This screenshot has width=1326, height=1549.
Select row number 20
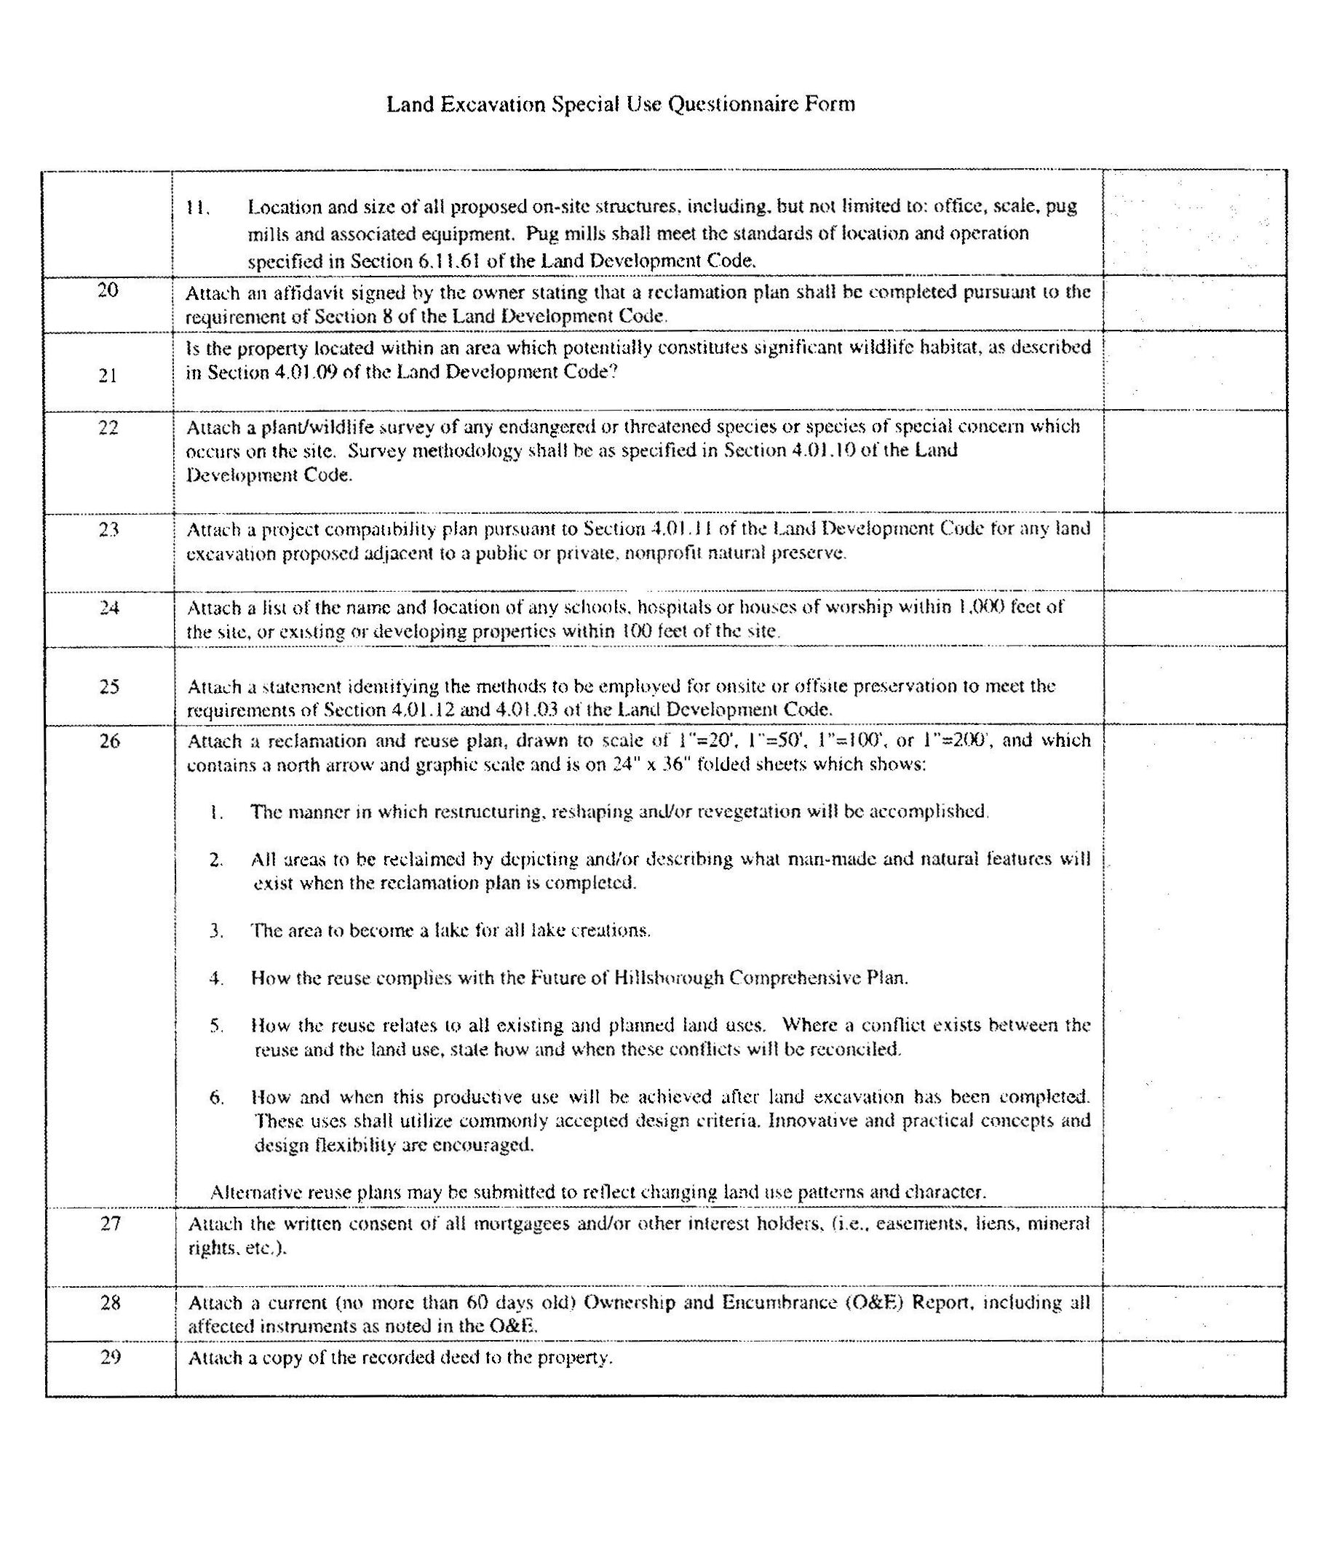tap(108, 290)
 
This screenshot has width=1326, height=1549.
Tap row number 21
tap(108, 376)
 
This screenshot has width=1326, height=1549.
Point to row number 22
tap(108, 427)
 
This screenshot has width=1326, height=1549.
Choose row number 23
tap(109, 529)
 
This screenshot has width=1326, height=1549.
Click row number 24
tap(109, 607)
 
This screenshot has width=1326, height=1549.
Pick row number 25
tap(109, 686)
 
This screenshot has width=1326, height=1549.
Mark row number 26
tap(109, 741)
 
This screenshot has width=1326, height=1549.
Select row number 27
tap(111, 1223)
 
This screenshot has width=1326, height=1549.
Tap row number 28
tap(111, 1302)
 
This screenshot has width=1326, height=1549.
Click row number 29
tap(111, 1357)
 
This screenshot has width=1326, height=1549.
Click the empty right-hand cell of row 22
tap(1193, 461)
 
